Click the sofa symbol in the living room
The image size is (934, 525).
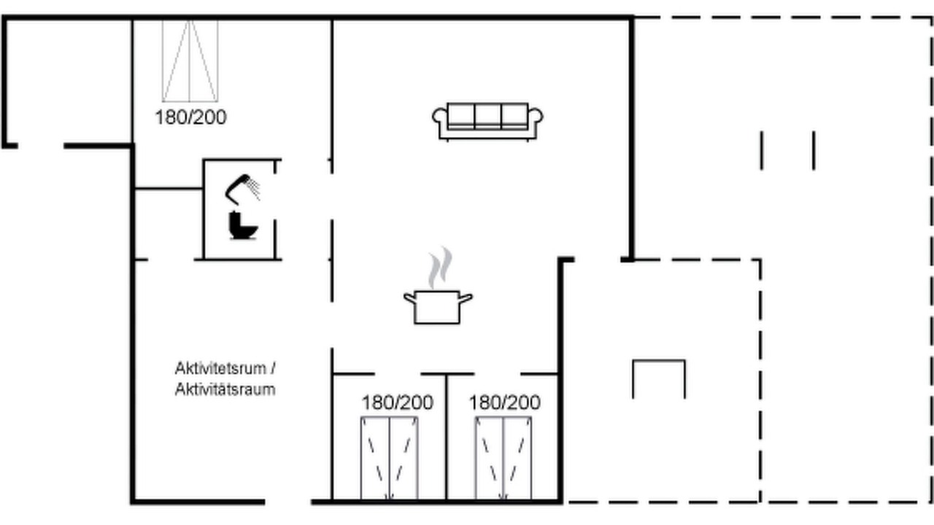487,122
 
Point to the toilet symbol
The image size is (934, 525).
243,225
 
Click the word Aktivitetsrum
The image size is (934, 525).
220,368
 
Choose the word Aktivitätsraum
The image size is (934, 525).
225,389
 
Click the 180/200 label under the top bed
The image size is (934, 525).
190,117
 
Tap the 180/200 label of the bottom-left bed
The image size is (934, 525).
398,402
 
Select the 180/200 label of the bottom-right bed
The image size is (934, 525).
505,402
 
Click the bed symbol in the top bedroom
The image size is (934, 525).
190,61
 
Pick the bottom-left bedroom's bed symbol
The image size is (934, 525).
390,458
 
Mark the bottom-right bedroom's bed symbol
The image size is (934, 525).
503,458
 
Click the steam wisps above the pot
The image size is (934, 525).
440,268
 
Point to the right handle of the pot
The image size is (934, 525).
466,298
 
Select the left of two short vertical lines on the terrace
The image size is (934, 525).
762,150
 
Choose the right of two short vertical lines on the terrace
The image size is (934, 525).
814,150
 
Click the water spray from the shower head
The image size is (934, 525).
253,187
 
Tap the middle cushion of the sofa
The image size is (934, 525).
487,117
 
